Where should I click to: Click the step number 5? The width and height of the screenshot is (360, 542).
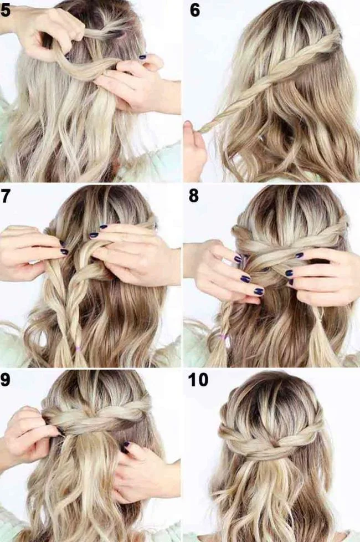(6, 11)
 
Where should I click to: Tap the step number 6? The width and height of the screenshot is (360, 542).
(194, 11)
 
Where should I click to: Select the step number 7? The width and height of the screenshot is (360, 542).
(6, 197)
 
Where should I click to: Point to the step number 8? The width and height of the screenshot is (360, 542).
(194, 197)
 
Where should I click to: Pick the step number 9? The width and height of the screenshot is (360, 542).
(6, 381)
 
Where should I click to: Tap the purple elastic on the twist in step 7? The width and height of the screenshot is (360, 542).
(79, 348)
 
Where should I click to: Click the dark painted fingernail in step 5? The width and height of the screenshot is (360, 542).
(142, 57)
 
